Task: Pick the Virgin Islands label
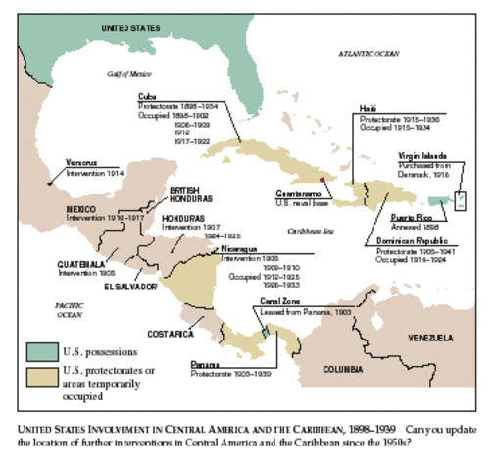424,155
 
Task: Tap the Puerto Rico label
413,215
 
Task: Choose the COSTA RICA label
171,334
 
